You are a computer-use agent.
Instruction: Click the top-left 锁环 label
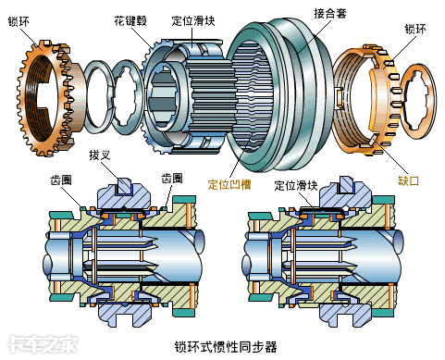19,21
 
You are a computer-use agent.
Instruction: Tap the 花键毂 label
130,20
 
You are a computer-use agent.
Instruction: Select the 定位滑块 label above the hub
193,20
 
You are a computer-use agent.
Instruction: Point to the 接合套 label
330,14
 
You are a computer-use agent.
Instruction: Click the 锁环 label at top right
415,29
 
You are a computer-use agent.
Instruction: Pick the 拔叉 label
100,155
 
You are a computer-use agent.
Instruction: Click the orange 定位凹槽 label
229,184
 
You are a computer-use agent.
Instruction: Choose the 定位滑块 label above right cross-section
296,185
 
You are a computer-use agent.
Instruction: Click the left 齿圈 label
61,180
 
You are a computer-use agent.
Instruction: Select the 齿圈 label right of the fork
172,178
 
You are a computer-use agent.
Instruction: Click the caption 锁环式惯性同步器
226,347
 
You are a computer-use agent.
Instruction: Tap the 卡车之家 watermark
43,344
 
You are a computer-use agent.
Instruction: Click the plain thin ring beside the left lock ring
87,96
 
